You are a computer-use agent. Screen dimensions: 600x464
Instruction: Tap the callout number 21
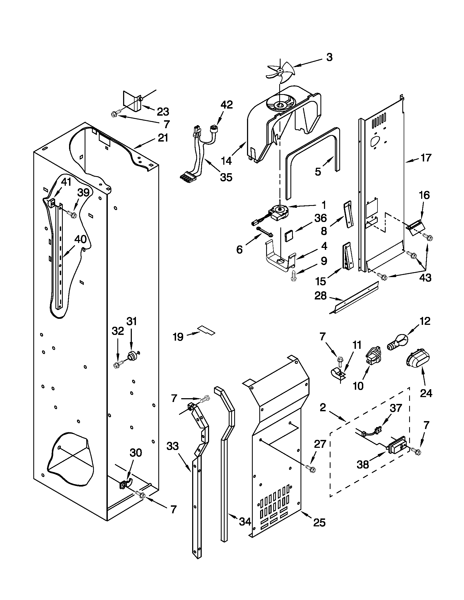163,138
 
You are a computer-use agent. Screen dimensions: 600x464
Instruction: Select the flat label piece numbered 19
206,331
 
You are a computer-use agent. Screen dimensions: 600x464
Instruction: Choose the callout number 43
425,278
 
